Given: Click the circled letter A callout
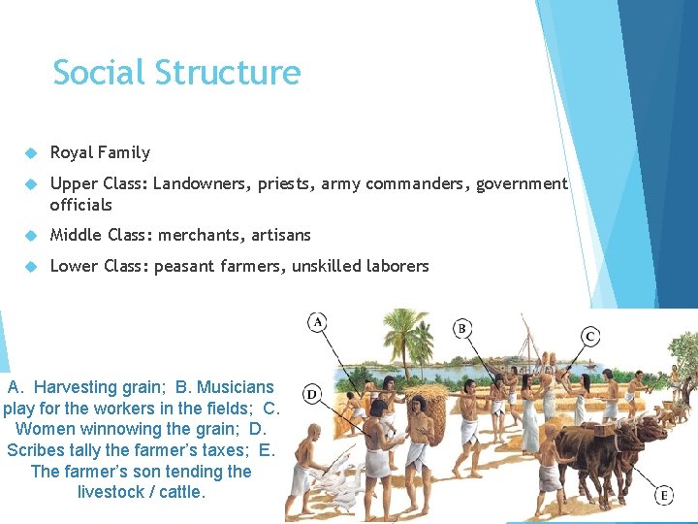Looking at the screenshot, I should pyautogui.click(x=317, y=321).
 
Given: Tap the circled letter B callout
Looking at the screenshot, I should pyautogui.click(x=462, y=328).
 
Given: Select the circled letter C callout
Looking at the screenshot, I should pyautogui.click(x=590, y=336).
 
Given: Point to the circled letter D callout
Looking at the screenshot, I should pyautogui.click(x=312, y=394).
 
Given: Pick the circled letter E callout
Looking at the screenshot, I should pyautogui.click(x=665, y=495).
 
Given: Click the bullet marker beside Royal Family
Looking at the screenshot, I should pyautogui.click(x=30, y=153).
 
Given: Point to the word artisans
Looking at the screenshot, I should pyautogui.click(x=281, y=235).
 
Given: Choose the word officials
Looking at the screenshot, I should pyautogui.click(x=80, y=205).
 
